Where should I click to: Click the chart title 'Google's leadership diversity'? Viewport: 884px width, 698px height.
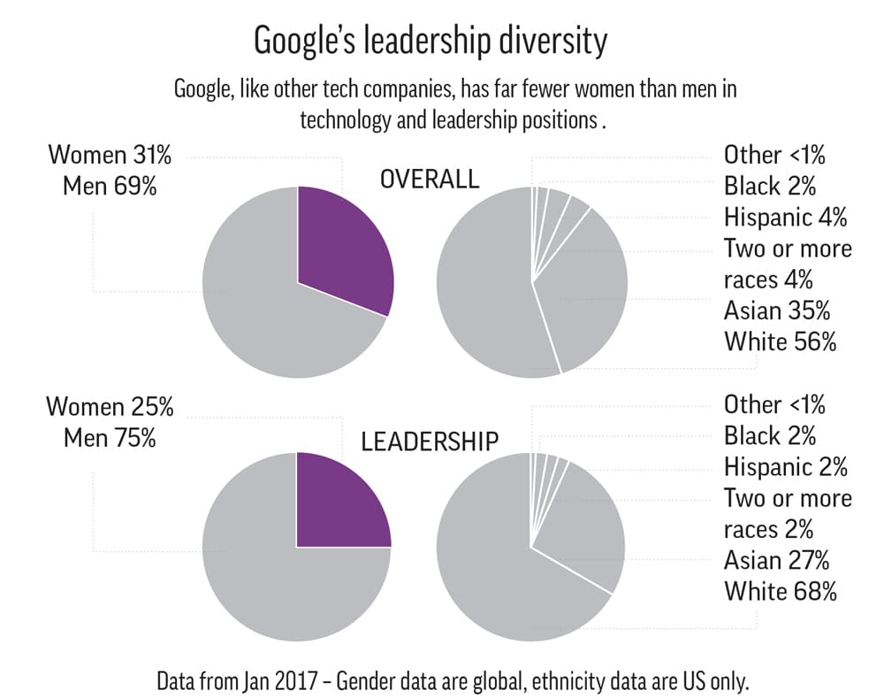[431, 41]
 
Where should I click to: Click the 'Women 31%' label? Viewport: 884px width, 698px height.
[110, 155]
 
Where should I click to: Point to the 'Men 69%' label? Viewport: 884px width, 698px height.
[110, 187]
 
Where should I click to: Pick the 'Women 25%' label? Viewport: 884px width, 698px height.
[110, 407]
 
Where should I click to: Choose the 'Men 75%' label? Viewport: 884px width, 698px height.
[110, 438]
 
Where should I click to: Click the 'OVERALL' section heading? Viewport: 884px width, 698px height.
[430, 180]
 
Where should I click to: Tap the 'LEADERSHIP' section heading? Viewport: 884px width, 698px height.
[430, 441]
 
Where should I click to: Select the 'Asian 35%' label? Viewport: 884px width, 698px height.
[777, 311]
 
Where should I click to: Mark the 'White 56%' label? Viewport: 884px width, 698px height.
[780, 341]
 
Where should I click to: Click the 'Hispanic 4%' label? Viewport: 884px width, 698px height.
[785, 217]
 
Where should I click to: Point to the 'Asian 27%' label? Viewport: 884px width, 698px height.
[777, 560]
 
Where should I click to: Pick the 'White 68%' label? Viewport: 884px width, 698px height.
[780, 592]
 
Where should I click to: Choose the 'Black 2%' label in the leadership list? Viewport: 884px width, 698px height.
[769, 435]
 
